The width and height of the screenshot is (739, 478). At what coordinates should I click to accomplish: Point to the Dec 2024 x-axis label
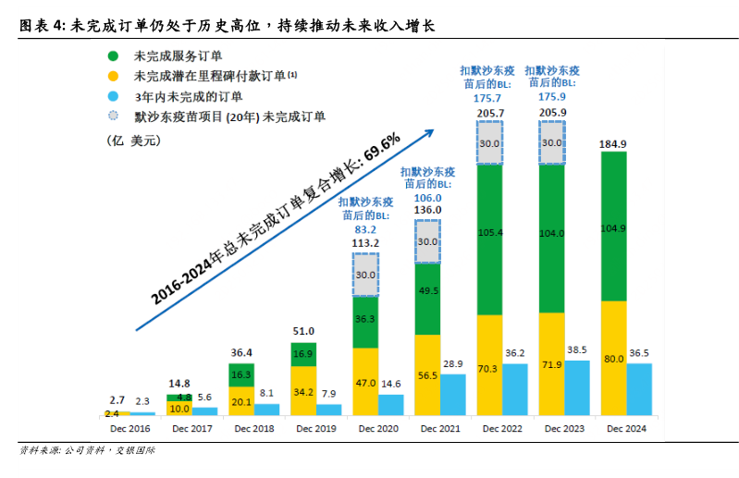[626, 429]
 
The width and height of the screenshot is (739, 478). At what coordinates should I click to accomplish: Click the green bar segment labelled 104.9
[613, 227]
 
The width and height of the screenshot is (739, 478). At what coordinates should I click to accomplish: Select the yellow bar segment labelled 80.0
[613, 359]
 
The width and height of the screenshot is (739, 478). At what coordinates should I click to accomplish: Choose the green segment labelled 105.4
[489, 240]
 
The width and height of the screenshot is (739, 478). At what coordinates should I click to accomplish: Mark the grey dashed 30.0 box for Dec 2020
[365, 275]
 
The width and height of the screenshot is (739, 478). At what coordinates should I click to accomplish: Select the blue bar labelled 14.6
[391, 405]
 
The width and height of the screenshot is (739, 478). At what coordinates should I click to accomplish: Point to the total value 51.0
[303, 331]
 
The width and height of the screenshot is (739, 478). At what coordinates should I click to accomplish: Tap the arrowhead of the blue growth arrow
[429, 131]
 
